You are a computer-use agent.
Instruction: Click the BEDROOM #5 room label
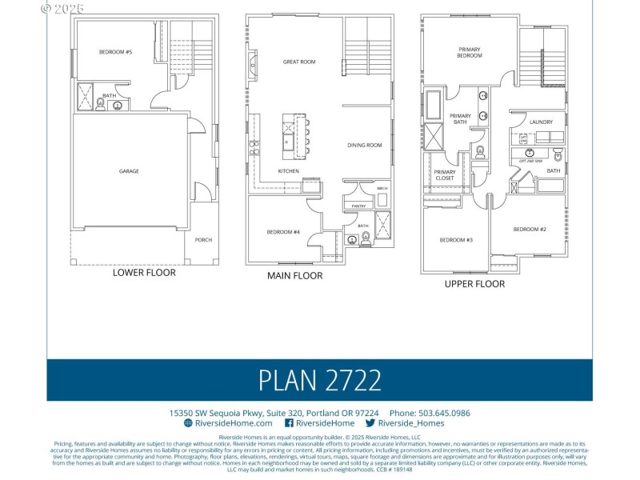115,52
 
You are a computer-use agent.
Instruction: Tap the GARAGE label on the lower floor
129,171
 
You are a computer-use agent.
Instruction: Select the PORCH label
202,239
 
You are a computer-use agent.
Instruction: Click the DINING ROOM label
364,145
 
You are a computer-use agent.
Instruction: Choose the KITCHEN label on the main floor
289,171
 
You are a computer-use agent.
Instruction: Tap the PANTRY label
358,206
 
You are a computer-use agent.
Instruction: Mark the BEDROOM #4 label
283,232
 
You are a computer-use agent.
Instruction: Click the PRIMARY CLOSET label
445,174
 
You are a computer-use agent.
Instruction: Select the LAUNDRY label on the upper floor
541,122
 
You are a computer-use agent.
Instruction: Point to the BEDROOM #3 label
456,240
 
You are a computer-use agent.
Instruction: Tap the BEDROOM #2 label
530,230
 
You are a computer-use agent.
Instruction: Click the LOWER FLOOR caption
144,272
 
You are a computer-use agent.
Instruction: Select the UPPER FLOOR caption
474,283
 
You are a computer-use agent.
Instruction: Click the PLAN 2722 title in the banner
319,379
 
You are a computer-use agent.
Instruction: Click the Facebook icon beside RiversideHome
289,423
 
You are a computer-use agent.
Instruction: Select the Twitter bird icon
370,423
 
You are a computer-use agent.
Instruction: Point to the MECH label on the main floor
382,189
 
